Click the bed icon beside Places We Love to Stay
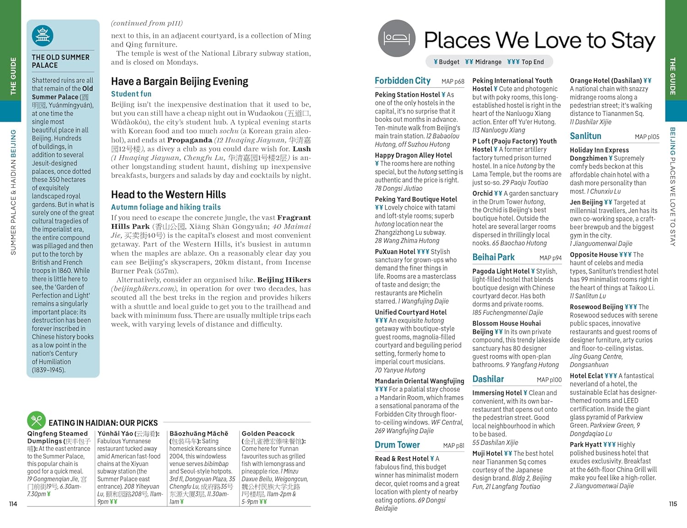(397, 38)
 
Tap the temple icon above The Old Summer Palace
(43, 36)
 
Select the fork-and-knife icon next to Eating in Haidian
(36, 420)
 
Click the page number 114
(13, 504)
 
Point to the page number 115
(672, 504)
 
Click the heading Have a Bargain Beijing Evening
(180, 82)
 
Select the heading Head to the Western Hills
(168, 194)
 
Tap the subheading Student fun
(131, 94)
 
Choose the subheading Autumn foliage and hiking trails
(166, 207)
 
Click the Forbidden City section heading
(403, 81)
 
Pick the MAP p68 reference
(453, 81)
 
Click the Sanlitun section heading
(585, 136)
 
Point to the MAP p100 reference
(549, 380)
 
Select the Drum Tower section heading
(397, 445)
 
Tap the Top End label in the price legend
(532, 62)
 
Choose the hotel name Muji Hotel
(487, 453)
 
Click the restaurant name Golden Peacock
(268, 433)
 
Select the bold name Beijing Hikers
(284, 280)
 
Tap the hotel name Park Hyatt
(586, 444)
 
